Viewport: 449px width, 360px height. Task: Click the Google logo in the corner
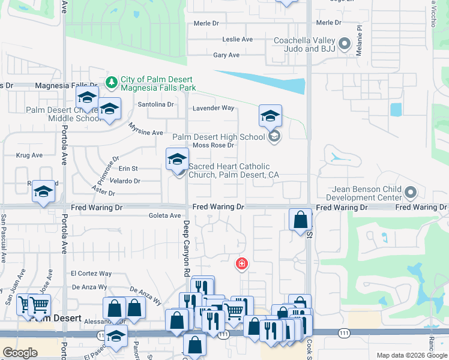point(20,353)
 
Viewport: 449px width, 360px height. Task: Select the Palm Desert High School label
point(218,137)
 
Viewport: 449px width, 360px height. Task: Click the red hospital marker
point(242,263)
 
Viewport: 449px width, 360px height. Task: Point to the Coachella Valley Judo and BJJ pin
point(345,43)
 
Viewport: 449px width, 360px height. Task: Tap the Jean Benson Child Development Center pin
point(411,193)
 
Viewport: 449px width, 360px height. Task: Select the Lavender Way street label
point(213,109)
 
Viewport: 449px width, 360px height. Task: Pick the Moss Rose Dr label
point(213,146)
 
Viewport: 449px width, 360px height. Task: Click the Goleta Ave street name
point(164,216)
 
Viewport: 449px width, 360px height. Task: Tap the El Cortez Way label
point(91,274)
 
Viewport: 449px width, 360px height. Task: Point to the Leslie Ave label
point(237,40)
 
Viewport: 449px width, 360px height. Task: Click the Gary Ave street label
point(226,55)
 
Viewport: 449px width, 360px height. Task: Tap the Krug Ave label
point(29,155)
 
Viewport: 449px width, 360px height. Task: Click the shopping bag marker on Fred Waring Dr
point(300,220)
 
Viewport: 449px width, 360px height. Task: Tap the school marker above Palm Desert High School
point(270,115)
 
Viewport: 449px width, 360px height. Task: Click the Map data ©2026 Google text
point(411,355)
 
